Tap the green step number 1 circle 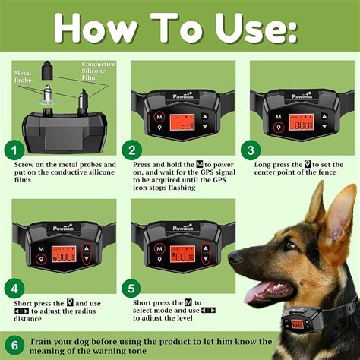tap(13, 150)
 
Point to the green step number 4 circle tap(13, 288)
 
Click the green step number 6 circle tap(13, 343)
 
